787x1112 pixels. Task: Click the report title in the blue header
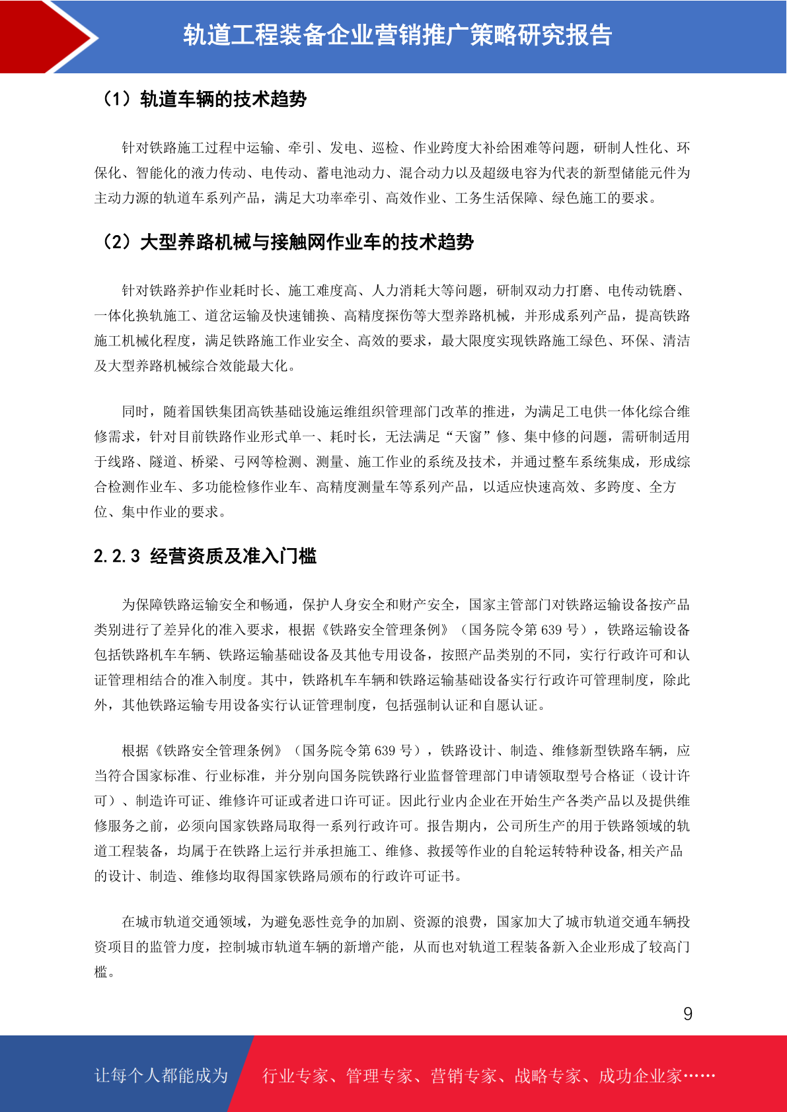tap(397, 35)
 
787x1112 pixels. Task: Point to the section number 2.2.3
tap(117, 556)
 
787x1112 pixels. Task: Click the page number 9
tap(687, 1014)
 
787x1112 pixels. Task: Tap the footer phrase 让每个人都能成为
tap(161, 1076)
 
